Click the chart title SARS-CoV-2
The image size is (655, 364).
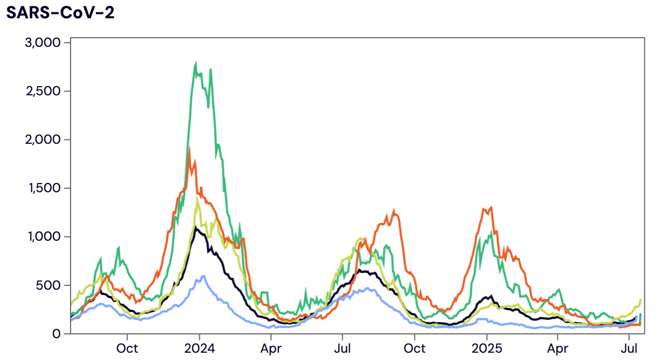[60, 13]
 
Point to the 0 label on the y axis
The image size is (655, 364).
[58, 334]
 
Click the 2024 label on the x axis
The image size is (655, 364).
[199, 348]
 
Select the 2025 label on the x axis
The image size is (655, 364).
[487, 348]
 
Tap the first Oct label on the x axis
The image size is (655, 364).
[127, 348]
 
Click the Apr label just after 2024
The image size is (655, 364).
[271, 348]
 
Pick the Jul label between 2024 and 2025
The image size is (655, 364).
[343, 348]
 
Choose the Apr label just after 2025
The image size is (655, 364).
[558, 348]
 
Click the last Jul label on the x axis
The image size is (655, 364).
[629, 348]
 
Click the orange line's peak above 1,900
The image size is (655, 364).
[190, 148]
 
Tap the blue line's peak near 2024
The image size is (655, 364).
[203, 276]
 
